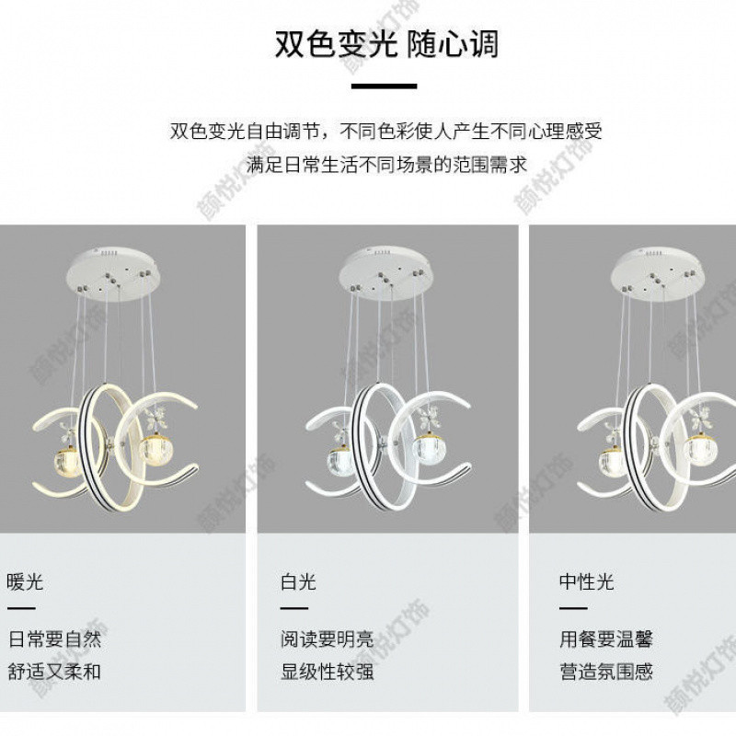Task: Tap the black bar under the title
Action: point(385,87)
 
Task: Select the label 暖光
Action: point(26,581)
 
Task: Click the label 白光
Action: point(298,581)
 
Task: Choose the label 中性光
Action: point(586,581)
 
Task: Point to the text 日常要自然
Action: point(55,639)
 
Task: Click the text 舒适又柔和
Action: point(55,671)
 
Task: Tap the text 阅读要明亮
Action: point(327,639)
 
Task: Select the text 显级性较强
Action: point(327,671)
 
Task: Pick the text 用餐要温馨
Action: point(605,639)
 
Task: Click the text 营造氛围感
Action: point(605,671)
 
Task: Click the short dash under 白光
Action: point(294,608)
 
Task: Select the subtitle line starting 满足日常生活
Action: point(385,165)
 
